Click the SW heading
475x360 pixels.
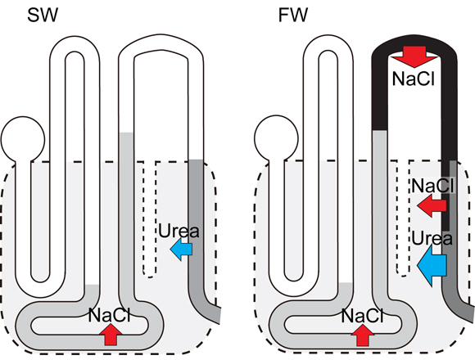point(42,15)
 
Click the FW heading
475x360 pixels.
point(293,15)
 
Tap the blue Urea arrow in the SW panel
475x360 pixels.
point(181,249)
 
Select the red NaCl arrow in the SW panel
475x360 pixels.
point(111,335)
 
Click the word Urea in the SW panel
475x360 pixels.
point(179,231)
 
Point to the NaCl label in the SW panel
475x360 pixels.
point(110,315)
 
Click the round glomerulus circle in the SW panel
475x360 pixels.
point(23,139)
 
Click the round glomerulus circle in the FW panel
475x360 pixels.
point(276,137)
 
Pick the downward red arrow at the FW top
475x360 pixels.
point(414,56)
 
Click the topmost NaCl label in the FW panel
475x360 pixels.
point(414,79)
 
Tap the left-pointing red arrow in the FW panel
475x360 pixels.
point(432,205)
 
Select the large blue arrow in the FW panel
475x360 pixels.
point(432,265)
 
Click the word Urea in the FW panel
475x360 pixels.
point(432,238)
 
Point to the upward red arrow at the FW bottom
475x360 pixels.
point(363,335)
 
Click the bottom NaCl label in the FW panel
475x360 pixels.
point(362,316)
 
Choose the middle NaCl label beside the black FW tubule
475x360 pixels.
point(433,185)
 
